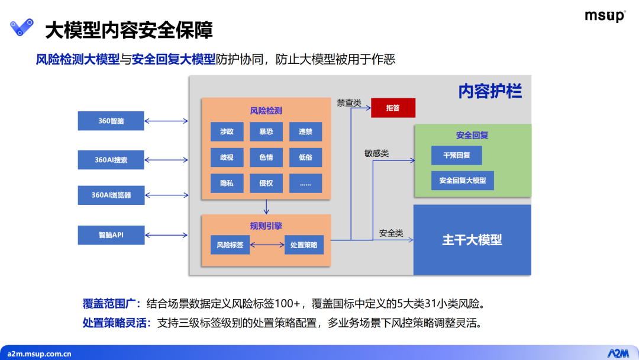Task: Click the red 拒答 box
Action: pyautogui.click(x=393, y=108)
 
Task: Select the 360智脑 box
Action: pyautogui.click(x=111, y=121)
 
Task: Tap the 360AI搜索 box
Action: pyautogui.click(x=111, y=160)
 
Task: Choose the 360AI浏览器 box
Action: pyautogui.click(x=111, y=195)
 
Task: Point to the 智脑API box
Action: pyautogui.click(x=111, y=235)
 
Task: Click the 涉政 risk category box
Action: pyautogui.click(x=227, y=131)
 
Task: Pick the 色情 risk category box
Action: pyautogui.click(x=266, y=157)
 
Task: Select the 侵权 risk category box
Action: pyautogui.click(x=266, y=183)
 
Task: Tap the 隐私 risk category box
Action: pyautogui.click(x=227, y=183)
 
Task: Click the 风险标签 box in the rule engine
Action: pyautogui.click(x=230, y=245)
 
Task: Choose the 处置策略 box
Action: pyautogui.click(x=304, y=245)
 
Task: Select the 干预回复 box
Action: pyautogui.click(x=456, y=155)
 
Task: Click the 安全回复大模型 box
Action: pyautogui.click(x=463, y=180)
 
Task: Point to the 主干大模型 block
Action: pyautogui.click(x=472, y=240)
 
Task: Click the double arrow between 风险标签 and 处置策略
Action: pyautogui.click(x=267, y=245)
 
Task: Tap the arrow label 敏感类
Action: pyautogui.click(x=376, y=153)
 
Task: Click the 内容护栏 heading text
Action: pyautogui.click(x=490, y=91)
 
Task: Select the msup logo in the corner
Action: pyautogui.click(x=605, y=16)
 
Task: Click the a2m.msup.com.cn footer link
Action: pyautogui.click(x=39, y=354)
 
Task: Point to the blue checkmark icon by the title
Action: pyautogui.click(x=22, y=27)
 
